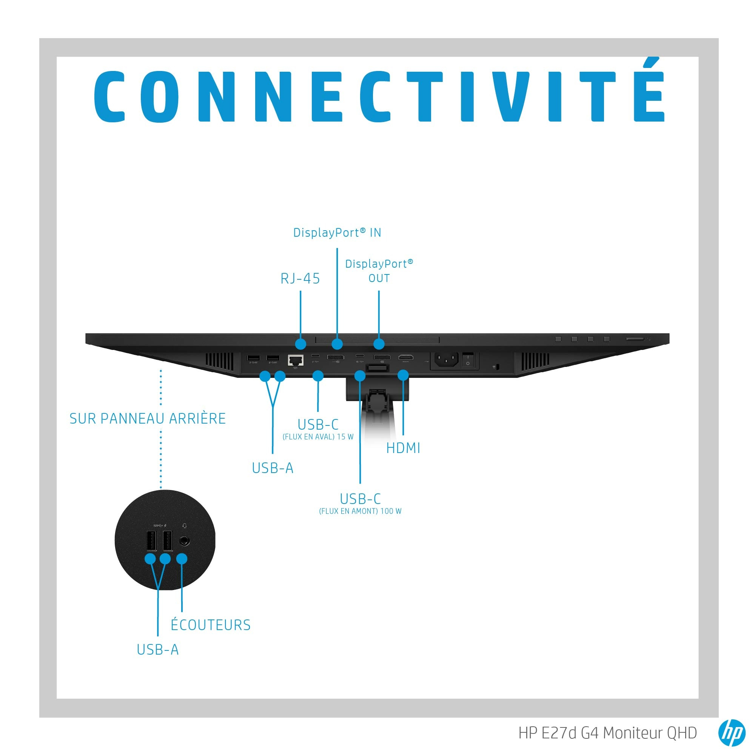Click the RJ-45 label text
pyautogui.click(x=300, y=279)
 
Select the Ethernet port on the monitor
pyautogui.click(x=296, y=359)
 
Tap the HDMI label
pyautogui.click(x=403, y=448)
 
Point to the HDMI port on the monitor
pyautogui.click(x=406, y=357)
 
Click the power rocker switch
pyautogui.click(x=468, y=359)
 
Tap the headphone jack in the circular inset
pyautogui.click(x=185, y=541)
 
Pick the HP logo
pyautogui.click(x=732, y=733)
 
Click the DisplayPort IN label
pyautogui.click(x=337, y=233)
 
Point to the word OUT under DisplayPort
pyautogui.click(x=379, y=278)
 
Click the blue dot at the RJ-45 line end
pyautogui.click(x=300, y=344)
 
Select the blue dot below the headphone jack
pyautogui.click(x=182, y=558)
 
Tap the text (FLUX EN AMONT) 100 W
pyautogui.click(x=360, y=511)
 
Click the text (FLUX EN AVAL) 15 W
pyautogui.click(x=318, y=437)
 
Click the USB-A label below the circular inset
pyautogui.click(x=157, y=650)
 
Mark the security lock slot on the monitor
pyautogui.click(x=496, y=367)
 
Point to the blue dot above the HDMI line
pyautogui.click(x=403, y=375)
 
